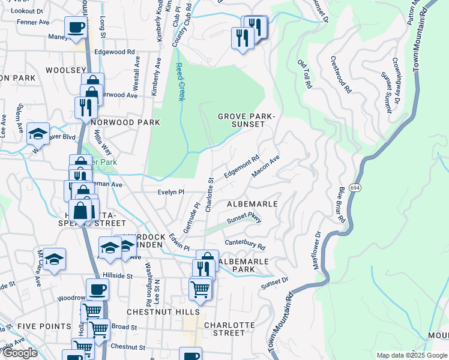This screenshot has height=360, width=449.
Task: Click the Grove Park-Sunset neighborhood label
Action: click(241, 120)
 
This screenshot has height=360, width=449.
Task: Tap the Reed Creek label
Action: click(179, 82)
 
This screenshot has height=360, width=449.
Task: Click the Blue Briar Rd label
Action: click(341, 205)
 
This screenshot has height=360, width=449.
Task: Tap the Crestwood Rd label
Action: click(340, 74)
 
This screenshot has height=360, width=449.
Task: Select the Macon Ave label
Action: click(266, 167)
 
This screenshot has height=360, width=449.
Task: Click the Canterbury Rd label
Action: click(245, 244)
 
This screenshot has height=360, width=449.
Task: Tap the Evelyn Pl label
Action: click(170, 192)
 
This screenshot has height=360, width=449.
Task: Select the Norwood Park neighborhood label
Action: click(127, 122)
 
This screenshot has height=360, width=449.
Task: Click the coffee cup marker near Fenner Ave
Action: click(76, 28)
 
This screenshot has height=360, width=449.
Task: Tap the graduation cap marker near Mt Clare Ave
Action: click(54, 259)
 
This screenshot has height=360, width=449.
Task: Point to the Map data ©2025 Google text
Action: click(411, 355)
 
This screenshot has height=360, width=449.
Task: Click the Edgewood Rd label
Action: click(114, 53)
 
